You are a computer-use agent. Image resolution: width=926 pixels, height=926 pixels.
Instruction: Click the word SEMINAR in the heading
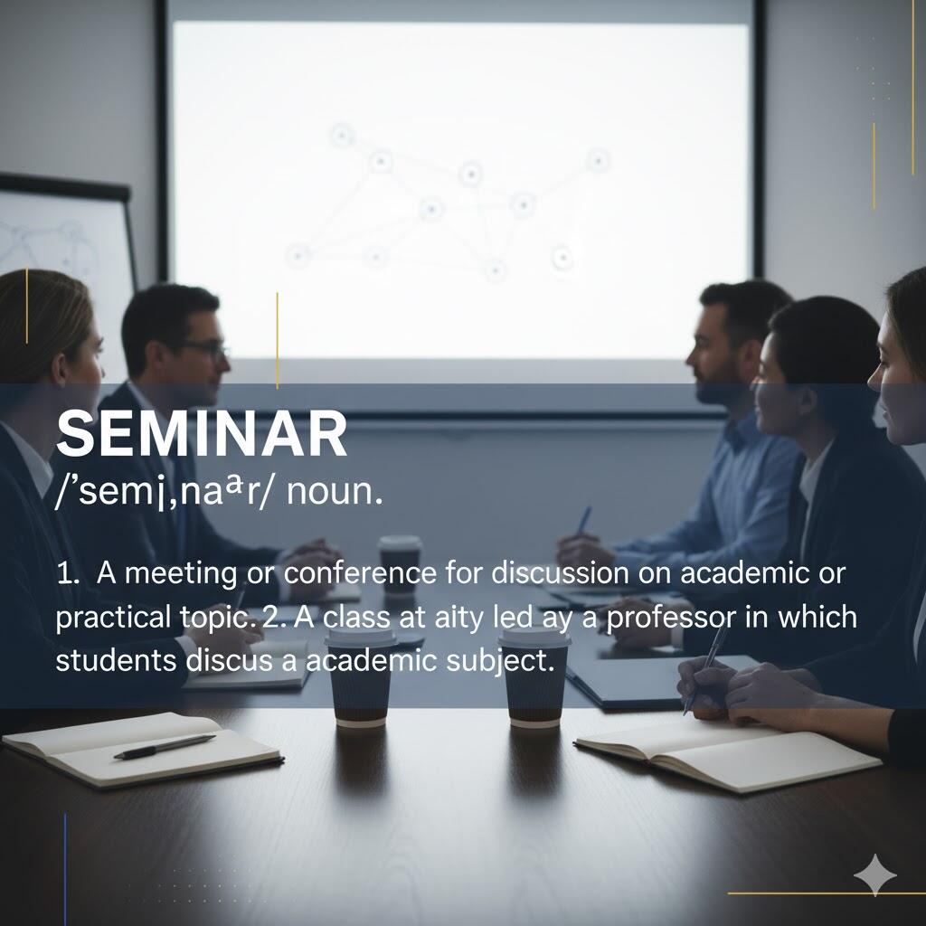202,435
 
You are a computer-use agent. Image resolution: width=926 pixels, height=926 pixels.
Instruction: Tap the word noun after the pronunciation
335,491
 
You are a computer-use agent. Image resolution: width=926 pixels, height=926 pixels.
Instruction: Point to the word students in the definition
116,660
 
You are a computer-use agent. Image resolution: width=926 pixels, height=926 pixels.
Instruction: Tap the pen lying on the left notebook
165,746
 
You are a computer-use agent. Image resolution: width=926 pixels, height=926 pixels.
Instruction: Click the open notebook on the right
728,754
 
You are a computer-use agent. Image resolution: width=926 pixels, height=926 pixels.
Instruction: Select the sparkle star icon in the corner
874,874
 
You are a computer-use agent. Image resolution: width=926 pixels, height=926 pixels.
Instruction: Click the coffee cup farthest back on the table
400,564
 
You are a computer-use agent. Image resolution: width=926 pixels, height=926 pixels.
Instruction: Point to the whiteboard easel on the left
64,236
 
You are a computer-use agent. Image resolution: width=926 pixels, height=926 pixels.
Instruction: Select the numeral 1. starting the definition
68,573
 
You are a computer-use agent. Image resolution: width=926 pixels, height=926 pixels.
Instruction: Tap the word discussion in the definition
560,572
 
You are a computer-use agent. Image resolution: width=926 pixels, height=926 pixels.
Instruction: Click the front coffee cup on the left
360,676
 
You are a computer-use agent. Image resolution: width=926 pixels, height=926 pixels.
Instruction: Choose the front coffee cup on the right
534,676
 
